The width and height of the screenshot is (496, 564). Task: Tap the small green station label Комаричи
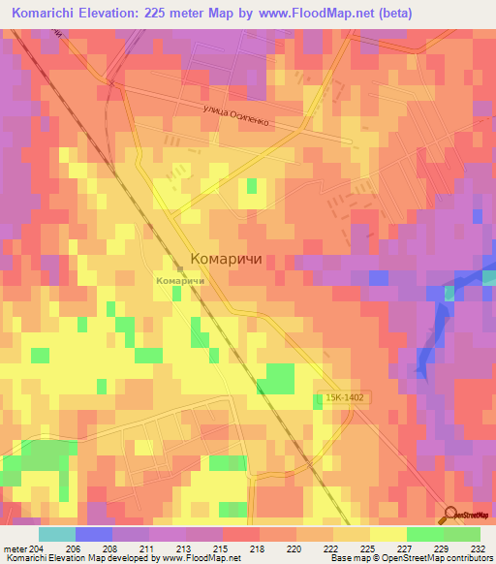point(179,280)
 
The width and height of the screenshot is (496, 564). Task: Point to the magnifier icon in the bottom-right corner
point(449,517)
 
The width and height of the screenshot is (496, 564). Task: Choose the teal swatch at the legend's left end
point(57,534)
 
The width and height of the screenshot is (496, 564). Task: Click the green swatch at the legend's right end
point(462,534)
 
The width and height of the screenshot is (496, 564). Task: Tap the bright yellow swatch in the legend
point(387,534)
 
